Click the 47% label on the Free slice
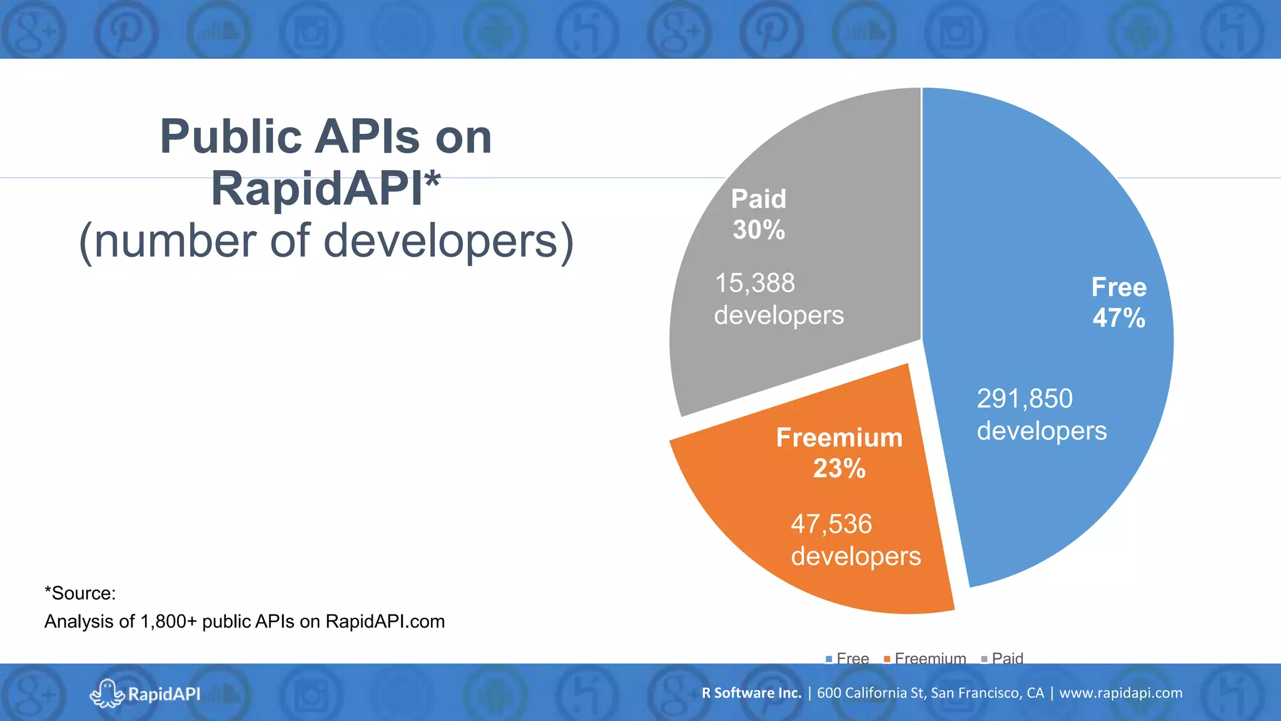coord(1118,318)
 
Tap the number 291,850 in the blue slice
coord(1025,399)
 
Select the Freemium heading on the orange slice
coord(839,437)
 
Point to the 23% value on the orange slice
coord(839,468)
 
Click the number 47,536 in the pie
coord(831,524)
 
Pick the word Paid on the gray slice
coord(759,199)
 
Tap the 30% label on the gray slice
coord(759,230)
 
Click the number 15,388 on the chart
coord(755,283)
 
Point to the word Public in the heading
coord(231,136)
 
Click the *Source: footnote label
coord(80,593)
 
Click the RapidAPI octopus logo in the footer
coord(106,693)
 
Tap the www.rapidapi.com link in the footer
coord(1121,693)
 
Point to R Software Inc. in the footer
coord(751,693)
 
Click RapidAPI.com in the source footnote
coord(385,621)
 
